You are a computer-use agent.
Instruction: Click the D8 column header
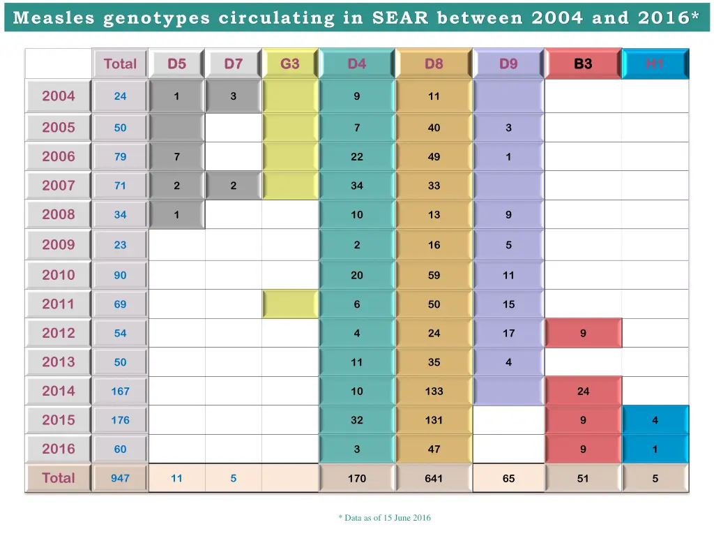point(434,64)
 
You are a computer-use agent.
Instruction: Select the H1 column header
point(654,64)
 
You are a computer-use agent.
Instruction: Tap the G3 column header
point(290,64)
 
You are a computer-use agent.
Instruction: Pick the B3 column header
point(583,64)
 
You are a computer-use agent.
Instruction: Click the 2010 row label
point(59,275)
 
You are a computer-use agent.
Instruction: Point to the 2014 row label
point(59,391)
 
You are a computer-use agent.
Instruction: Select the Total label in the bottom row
point(59,478)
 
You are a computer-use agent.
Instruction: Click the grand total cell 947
point(121,479)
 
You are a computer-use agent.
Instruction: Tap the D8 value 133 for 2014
point(434,392)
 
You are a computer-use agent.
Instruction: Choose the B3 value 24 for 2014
point(583,392)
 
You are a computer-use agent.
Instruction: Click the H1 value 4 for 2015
point(655,420)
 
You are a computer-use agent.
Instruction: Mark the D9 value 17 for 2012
point(508,334)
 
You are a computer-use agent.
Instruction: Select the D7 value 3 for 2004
point(233,96)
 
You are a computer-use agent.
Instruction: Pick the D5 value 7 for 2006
point(176,157)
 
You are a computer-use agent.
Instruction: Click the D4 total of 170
point(356,479)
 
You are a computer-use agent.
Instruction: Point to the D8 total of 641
point(434,479)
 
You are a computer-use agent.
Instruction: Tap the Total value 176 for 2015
point(121,420)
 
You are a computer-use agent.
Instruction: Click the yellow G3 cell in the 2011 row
point(290,304)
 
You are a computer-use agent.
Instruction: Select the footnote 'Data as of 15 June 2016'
point(385,518)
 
